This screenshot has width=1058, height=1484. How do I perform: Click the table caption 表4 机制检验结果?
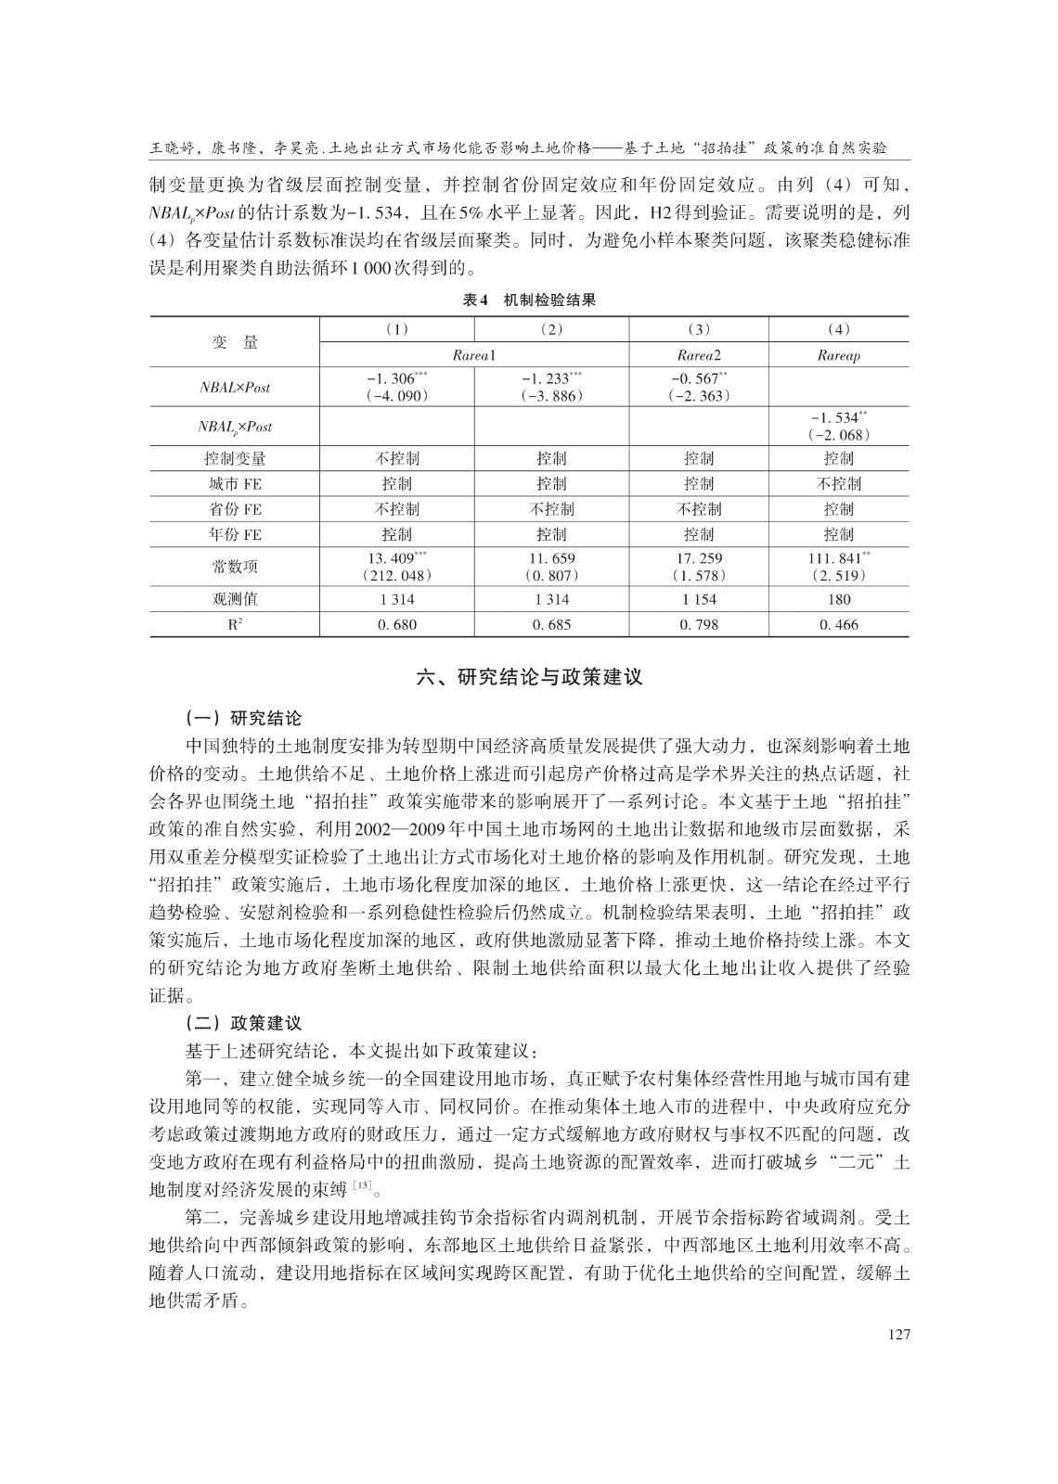point(529,300)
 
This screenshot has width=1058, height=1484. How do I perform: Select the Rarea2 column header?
point(698,355)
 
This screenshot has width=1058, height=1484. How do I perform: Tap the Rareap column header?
point(838,355)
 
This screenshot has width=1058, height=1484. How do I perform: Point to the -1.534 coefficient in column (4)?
point(836,417)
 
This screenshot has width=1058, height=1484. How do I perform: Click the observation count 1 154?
point(698,599)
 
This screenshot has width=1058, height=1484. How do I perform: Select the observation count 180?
point(838,599)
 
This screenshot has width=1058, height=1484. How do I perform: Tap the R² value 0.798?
point(698,624)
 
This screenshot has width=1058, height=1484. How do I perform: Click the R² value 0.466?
point(838,624)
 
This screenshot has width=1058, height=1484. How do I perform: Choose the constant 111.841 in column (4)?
point(836,558)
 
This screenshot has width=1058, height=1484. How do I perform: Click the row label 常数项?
point(235,567)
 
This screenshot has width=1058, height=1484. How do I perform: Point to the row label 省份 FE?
point(235,509)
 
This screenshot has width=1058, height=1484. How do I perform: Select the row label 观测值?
point(235,599)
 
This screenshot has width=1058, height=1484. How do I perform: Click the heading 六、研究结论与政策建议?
point(529,677)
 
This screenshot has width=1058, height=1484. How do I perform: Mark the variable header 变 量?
point(235,342)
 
